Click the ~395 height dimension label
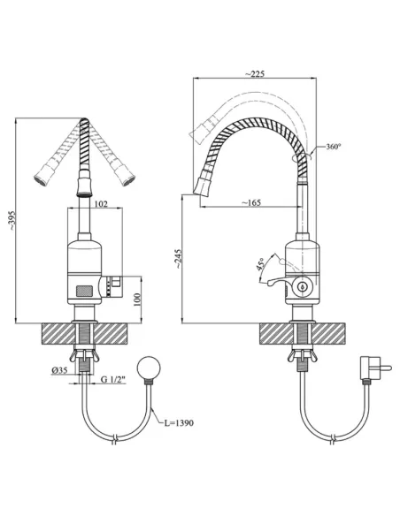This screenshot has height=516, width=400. coord(12,220)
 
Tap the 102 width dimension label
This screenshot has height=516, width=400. coord(101,204)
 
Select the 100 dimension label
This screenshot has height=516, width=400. coord(137,300)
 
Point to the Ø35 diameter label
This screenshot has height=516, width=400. coord(59,370)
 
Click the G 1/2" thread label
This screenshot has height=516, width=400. coord(113,379)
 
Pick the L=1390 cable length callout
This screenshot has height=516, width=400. coord(179,423)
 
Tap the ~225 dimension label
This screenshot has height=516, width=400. coord(255,73)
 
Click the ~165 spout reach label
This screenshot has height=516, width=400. coord(251,202)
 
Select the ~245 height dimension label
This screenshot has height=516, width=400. coord(178,259)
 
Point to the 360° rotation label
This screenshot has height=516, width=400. coord(333,147)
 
